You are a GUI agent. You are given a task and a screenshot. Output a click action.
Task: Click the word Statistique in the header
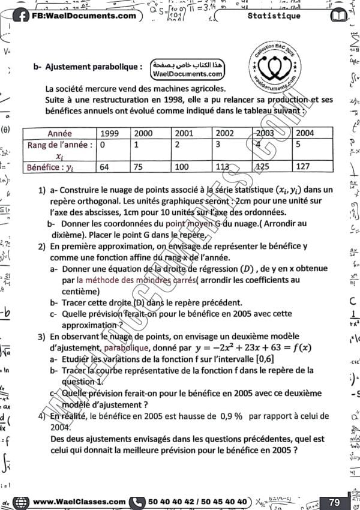[x=274, y=16]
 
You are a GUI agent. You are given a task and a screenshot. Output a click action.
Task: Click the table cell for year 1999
[x=109, y=133]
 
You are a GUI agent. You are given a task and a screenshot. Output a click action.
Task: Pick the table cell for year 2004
[x=305, y=133]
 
